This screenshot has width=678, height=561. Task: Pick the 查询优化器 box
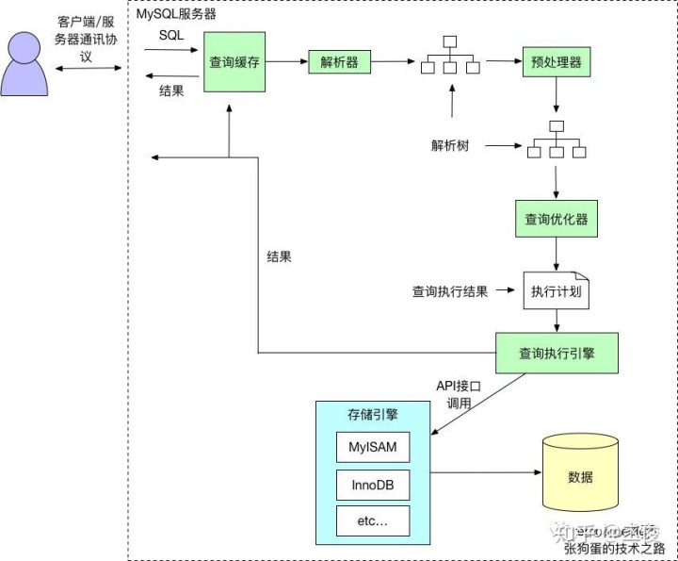556,220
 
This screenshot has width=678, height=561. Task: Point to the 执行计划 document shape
556,291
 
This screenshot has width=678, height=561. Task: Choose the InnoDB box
373,485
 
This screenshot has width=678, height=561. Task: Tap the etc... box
373,520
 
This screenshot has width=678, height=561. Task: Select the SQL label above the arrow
170,35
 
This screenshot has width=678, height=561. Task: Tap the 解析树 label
451,146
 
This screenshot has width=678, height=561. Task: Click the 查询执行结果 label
449,291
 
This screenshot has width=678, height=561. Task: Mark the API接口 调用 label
459,394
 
